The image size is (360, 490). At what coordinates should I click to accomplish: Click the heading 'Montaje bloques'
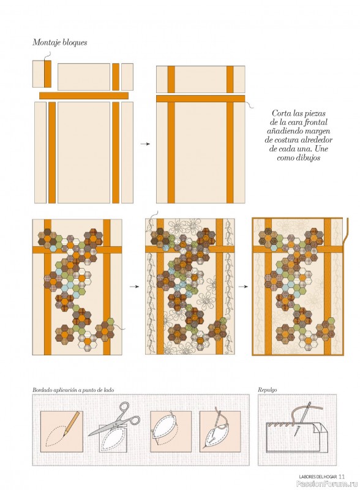(59, 42)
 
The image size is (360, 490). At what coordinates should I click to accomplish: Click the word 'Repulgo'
(267, 390)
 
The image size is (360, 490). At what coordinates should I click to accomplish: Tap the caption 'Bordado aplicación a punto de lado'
(73, 390)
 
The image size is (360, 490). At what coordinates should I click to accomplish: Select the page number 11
(341, 477)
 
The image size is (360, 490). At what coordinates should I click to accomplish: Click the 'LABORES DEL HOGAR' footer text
(318, 477)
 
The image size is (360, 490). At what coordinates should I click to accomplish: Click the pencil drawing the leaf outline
(70, 424)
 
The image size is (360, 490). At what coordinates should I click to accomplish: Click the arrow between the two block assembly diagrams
(145, 144)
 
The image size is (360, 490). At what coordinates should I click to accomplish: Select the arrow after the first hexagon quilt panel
(134, 286)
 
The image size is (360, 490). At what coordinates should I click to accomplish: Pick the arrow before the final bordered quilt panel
(243, 286)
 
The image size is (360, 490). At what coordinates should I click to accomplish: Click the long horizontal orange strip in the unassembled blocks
(84, 96)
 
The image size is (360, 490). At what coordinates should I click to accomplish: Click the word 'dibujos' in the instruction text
(308, 157)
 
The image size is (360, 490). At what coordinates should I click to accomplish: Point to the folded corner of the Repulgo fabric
(322, 428)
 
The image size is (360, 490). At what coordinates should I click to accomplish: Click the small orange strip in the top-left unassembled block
(48, 74)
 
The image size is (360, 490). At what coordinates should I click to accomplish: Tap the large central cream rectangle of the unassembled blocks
(84, 153)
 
